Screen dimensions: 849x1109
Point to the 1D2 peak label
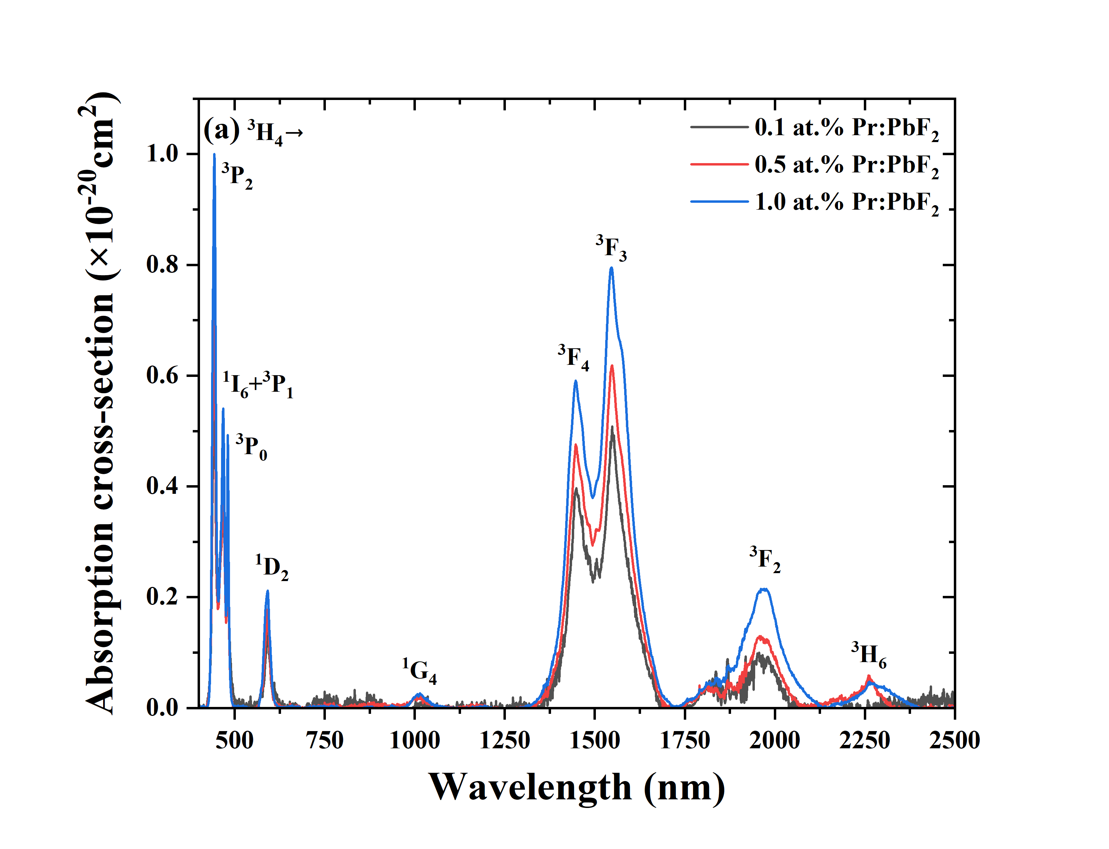pos(272,568)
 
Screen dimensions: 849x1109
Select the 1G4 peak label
pos(419,671)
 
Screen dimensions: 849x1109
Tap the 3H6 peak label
pos(869,655)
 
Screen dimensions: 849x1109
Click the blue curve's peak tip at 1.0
pos(214,154)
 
